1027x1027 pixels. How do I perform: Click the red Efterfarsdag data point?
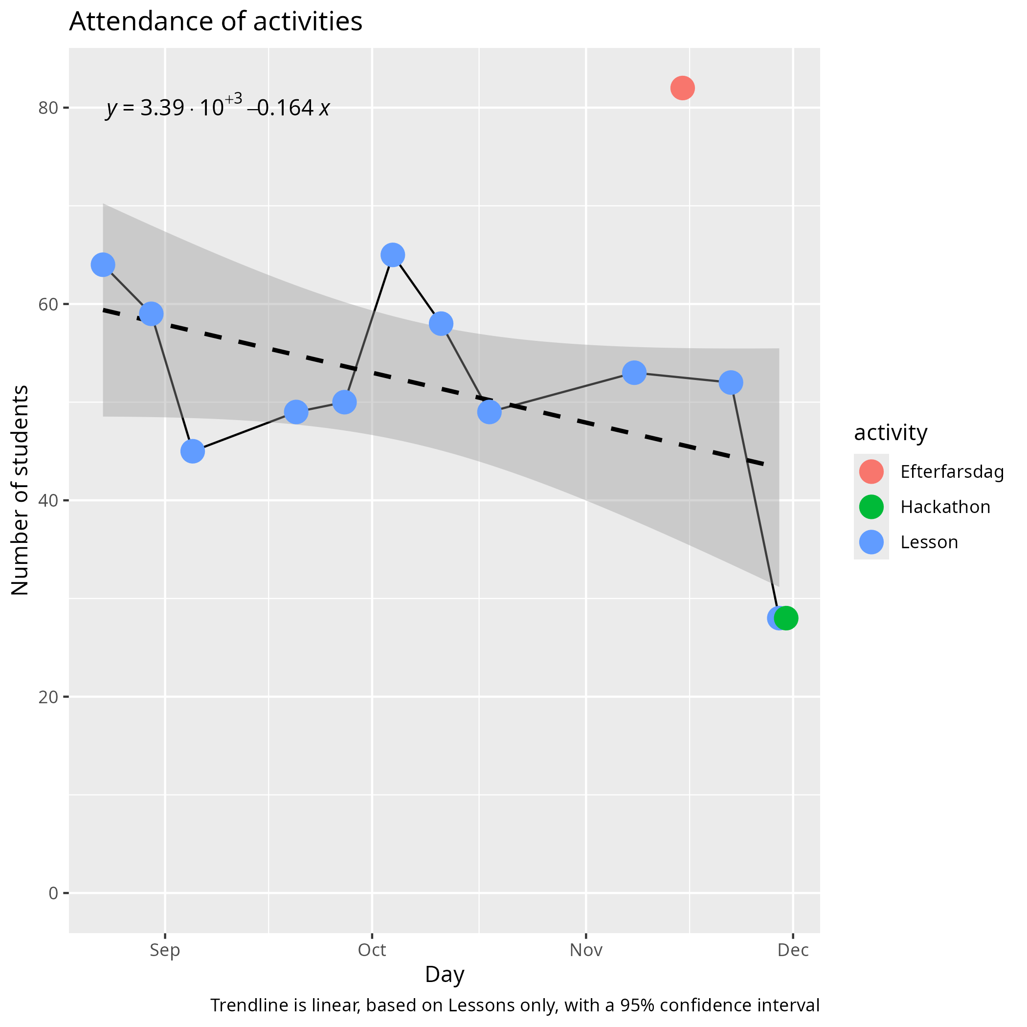point(682,88)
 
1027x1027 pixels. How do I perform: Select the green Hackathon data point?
point(786,618)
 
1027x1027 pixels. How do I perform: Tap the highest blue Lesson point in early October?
point(393,255)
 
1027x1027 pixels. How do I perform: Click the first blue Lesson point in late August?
point(103,265)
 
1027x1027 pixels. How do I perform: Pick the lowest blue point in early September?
point(192,451)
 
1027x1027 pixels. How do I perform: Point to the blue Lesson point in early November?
point(634,373)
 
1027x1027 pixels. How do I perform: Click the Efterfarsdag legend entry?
point(952,472)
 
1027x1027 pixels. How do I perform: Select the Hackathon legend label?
point(945,507)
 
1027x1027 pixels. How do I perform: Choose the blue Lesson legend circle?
point(871,542)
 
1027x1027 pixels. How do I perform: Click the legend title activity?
point(891,433)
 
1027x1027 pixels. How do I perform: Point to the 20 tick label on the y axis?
point(48,697)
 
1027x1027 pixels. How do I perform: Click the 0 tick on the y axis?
point(53,893)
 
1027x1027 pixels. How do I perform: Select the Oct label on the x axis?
point(372,950)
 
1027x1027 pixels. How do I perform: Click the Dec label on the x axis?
point(793,950)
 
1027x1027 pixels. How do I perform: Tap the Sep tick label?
point(165,950)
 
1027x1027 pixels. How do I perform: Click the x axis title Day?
point(445,975)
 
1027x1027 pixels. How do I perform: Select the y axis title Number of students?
point(20,490)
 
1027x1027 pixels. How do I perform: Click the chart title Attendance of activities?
point(215,22)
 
